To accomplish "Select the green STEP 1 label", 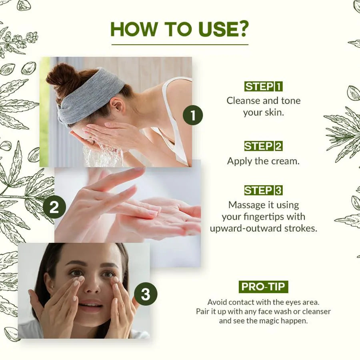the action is tap(263, 86).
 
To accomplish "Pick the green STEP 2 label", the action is tap(263, 146).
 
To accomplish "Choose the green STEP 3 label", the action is tap(263, 190).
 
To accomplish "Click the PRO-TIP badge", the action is tap(263, 286).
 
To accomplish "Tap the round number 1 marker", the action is tap(193, 115).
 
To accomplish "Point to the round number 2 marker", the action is tap(54, 207).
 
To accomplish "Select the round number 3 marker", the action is tap(146, 294).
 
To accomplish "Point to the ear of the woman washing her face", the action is tap(117, 106).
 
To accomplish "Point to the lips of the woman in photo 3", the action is tap(90, 305).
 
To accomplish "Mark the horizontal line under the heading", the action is tap(180, 44).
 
